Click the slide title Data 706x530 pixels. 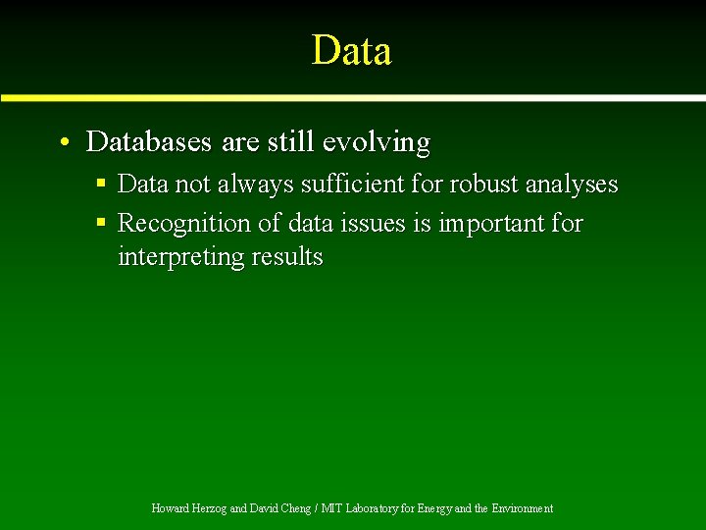pyautogui.click(x=352, y=50)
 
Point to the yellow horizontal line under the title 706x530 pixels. pyautogui.click(x=352, y=98)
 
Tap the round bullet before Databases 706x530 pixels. pyautogui.click(x=63, y=143)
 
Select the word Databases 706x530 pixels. pyautogui.click(x=148, y=142)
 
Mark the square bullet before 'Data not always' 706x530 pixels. pyautogui.click(x=101, y=184)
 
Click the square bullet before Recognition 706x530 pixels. pyautogui.click(x=101, y=223)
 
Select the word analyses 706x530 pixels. pyautogui.click(x=572, y=185)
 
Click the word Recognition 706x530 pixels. pyautogui.click(x=184, y=224)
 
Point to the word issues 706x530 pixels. pyautogui.click(x=372, y=224)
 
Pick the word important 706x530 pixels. pyautogui.click(x=490, y=224)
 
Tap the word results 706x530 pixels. pyautogui.click(x=286, y=257)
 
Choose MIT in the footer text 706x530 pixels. pyautogui.click(x=332, y=508)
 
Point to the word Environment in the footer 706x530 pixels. pyautogui.click(x=522, y=508)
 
